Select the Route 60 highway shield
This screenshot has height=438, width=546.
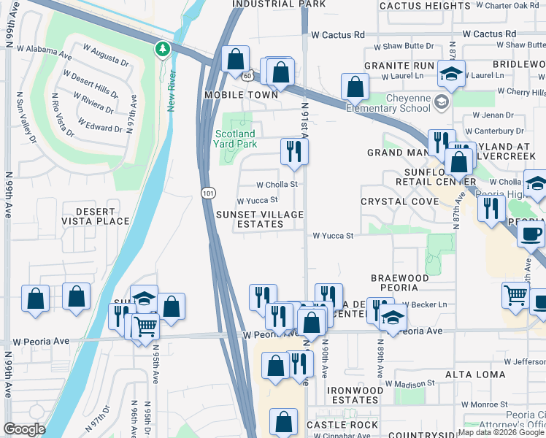point(248,74)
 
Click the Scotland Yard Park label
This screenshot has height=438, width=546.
point(235,139)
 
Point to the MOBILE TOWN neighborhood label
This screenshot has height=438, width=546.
point(241,95)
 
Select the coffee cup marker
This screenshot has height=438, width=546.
point(531,234)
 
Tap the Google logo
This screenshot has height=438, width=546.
point(24,429)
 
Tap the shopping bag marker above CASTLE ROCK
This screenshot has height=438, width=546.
point(284,421)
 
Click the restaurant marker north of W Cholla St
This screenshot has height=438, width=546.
point(295,150)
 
